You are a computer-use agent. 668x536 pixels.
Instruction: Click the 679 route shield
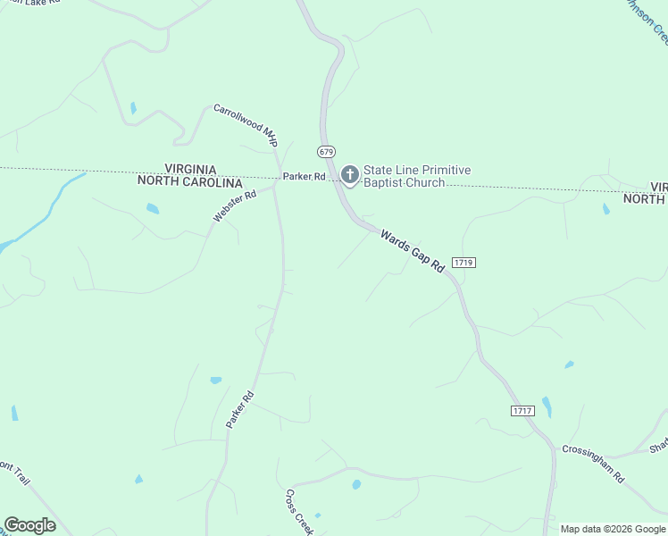pyautogui.click(x=326, y=151)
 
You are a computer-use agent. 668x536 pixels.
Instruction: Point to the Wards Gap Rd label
pyautogui.click(x=412, y=251)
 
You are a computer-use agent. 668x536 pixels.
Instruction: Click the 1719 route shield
pyautogui.click(x=463, y=262)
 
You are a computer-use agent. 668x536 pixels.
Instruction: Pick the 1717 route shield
pyautogui.click(x=522, y=410)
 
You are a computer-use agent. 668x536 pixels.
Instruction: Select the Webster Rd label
pyautogui.click(x=234, y=205)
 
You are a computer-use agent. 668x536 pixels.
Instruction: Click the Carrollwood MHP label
pyautogui.click(x=245, y=124)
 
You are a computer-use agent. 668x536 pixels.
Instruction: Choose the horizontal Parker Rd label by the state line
pyautogui.click(x=304, y=177)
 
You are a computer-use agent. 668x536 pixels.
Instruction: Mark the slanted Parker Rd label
pyautogui.click(x=240, y=409)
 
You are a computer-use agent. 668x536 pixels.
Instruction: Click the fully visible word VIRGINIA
pyautogui.click(x=190, y=169)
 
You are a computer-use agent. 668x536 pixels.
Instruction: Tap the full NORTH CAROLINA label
pyautogui.click(x=190, y=181)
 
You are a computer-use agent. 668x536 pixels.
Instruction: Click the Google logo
pyautogui.click(x=29, y=525)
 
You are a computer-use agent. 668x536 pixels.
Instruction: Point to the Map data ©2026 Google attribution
pyautogui.click(x=613, y=529)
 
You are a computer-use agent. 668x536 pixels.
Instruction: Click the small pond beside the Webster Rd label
pyautogui.click(x=153, y=209)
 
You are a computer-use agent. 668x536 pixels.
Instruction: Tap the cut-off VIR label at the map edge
pyautogui.click(x=658, y=187)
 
